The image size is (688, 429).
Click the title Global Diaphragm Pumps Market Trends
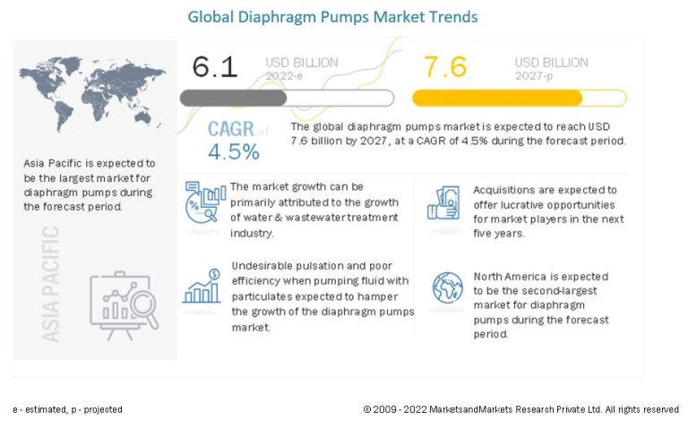[x=332, y=16]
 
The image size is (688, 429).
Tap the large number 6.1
[x=215, y=67]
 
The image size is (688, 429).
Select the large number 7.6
[x=446, y=67]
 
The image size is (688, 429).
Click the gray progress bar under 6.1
[x=287, y=99]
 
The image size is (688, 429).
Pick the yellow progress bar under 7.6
[x=519, y=99]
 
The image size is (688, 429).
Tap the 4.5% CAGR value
[x=234, y=151]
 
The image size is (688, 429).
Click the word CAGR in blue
[x=231, y=129]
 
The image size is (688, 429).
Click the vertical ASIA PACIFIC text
[x=51, y=283]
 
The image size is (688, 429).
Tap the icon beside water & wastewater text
[x=204, y=202]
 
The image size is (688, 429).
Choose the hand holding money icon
[x=444, y=202]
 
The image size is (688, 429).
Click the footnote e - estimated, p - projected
[x=68, y=409]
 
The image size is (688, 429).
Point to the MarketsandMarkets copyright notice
[x=520, y=409]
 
